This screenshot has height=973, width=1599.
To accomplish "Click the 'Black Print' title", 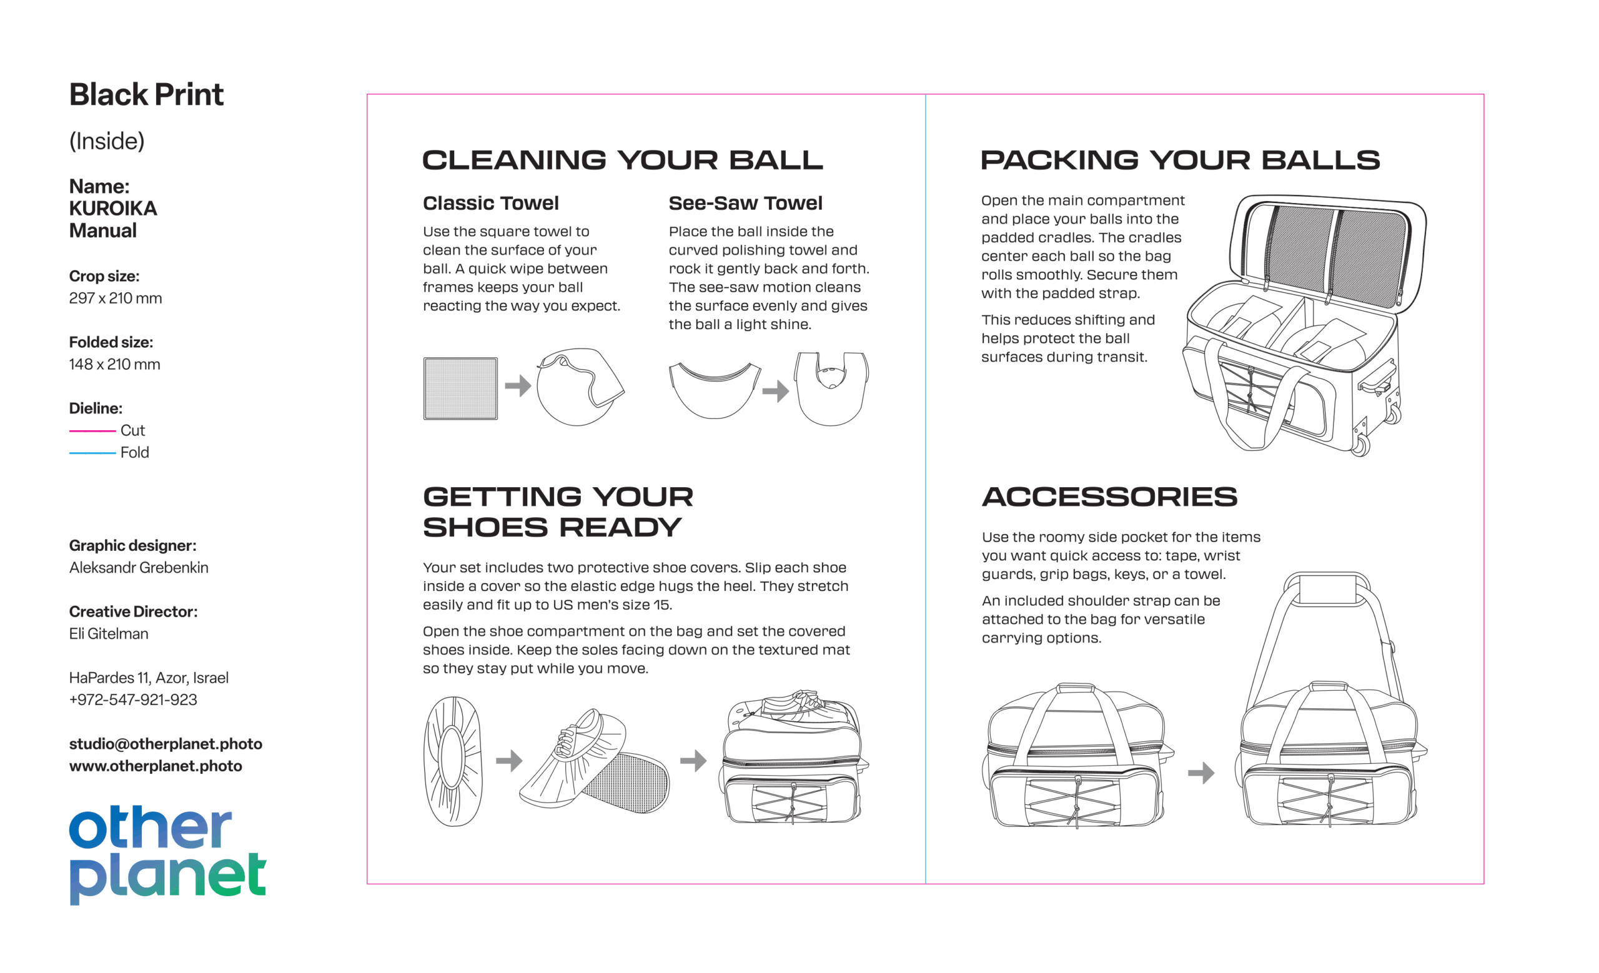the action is click(146, 95).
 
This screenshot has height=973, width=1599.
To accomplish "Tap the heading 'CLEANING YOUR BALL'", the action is click(622, 161).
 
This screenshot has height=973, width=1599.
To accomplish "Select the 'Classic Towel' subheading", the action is click(490, 203).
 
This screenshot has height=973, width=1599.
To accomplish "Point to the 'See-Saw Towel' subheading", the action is click(745, 203).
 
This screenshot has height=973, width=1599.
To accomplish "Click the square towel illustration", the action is click(461, 388).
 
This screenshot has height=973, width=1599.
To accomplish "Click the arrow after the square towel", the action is click(518, 386).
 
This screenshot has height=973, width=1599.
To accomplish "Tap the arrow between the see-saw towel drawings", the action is click(776, 391).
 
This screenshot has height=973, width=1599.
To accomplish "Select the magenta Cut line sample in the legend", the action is click(92, 431).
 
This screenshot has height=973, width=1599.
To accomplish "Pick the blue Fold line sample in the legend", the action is click(92, 453).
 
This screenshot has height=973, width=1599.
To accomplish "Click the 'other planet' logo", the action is click(167, 855).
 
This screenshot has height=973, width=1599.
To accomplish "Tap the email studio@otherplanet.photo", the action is click(166, 744).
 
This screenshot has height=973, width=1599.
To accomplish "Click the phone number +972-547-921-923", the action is click(133, 700).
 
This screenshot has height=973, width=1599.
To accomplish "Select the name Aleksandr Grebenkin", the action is click(139, 568).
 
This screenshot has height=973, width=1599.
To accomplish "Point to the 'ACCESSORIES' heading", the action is click(1110, 497).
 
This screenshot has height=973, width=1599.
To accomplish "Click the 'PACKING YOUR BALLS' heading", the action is click(1181, 161).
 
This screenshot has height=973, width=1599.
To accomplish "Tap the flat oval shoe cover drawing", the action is click(453, 761).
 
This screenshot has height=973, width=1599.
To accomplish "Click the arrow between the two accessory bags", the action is click(1201, 773).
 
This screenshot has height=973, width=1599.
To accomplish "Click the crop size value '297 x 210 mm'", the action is click(116, 299).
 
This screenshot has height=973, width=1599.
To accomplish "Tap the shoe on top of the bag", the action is click(795, 705).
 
